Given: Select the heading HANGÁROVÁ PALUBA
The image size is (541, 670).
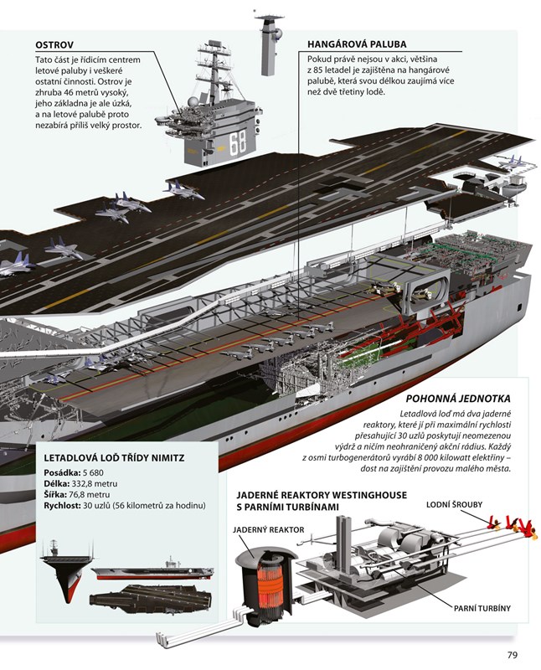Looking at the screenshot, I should (x=357, y=45).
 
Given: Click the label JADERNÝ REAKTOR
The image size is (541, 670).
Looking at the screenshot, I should (x=266, y=529).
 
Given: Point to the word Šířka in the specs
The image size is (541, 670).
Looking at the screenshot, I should (x=56, y=494).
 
